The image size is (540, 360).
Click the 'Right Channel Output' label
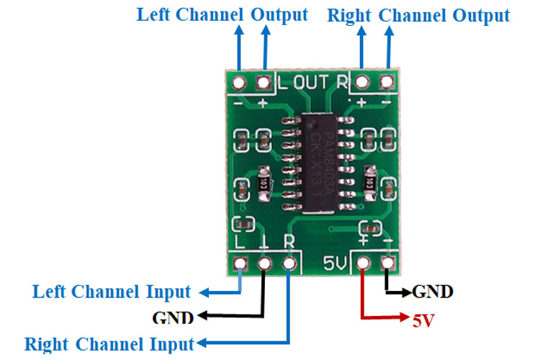(x=418, y=15)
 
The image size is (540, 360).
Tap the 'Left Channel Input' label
(x=112, y=292)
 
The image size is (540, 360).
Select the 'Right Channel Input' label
(x=109, y=343)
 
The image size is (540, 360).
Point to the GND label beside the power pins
(x=432, y=292)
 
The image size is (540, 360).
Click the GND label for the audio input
(x=173, y=317)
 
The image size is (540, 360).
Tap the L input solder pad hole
(x=240, y=264)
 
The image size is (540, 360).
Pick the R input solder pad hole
(x=289, y=264)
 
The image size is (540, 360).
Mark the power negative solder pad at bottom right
(x=390, y=264)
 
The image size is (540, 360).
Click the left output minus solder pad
(x=238, y=82)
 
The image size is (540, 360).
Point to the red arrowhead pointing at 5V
(x=402, y=318)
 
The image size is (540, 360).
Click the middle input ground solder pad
(x=264, y=264)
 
